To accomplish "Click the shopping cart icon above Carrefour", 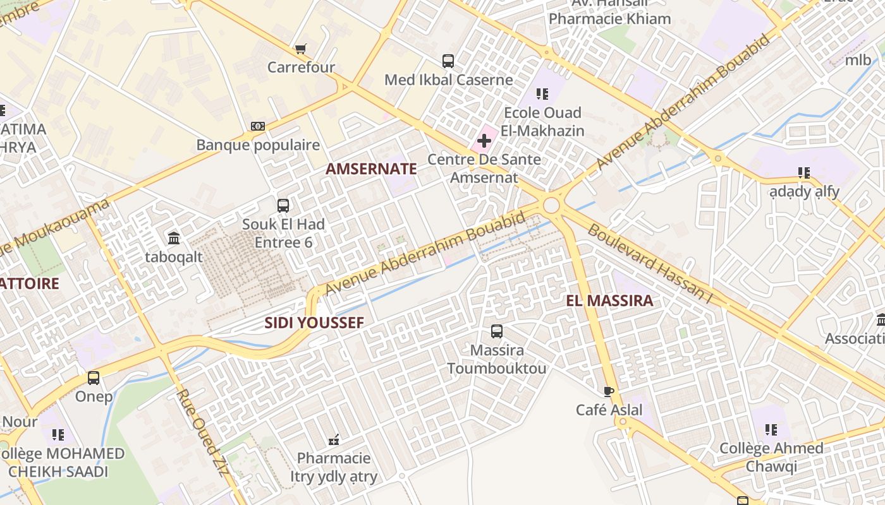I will (x=301, y=49).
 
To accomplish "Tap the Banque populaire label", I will (x=258, y=145).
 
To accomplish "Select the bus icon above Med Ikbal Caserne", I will (x=448, y=61).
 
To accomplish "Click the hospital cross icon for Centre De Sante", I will (x=484, y=140).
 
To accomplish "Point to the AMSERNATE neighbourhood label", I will (x=371, y=169).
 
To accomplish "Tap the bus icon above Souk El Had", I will (x=283, y=205).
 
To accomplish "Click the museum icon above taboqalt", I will (x=174, y=238).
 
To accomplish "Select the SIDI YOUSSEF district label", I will (x=314, y=323).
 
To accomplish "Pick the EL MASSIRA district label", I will (x=609, y=300).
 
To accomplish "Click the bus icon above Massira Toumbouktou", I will (x=497, y=331).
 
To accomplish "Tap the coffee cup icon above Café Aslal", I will (x=609, y=391).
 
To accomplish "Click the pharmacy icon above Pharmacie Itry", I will (x=334, y=439).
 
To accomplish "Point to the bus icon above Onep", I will (x=94, y=378).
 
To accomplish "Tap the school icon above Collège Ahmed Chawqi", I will (x=771, y=430).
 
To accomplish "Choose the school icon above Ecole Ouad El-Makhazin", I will (x=542, y=94).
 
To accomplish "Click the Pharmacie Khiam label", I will (x=609, y=19).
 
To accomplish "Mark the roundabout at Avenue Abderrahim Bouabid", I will (x=551, y=205).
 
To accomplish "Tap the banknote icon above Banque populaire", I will (x=257, y=126).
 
